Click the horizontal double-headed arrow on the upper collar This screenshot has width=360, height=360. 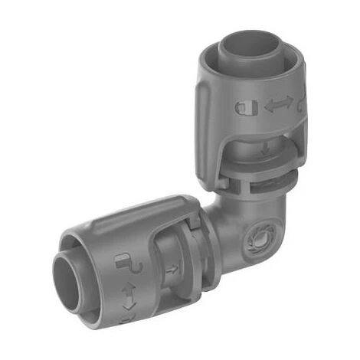pyautogui.click(x=278, y=106)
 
